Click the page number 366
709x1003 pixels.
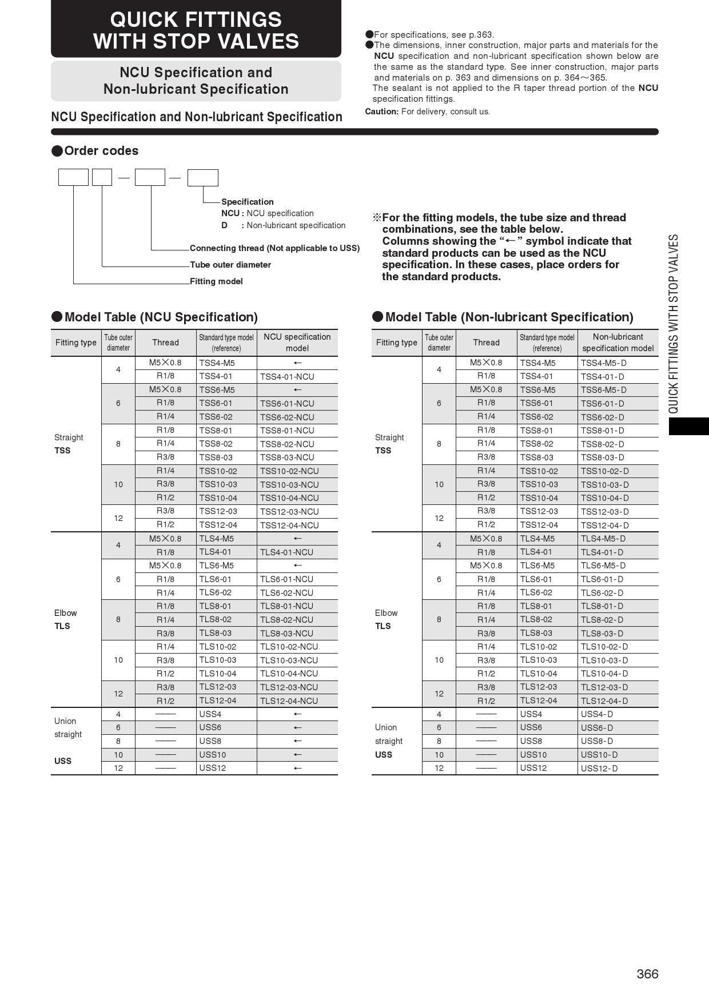pos(647,974)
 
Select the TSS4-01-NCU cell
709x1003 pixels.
pos(287,377)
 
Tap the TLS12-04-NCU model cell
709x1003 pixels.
pos(289,701)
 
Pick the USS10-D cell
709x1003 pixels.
pos(599,755)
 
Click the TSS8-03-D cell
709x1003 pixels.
pos(602,457)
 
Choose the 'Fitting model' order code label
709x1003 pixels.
pos(216,281)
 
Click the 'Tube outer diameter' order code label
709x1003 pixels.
pos(230,265)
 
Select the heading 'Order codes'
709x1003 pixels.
pos(101,151)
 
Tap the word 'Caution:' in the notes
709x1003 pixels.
pos(382,112)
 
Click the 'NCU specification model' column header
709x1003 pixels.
pos(297,343)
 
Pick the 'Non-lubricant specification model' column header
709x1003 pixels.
pos(618,343)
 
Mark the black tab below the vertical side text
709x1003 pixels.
pos(688,427)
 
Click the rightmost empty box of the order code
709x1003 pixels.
pos(203,178)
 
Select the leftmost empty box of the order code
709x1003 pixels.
pos(73,178)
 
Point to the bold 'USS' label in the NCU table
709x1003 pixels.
pos(63,761)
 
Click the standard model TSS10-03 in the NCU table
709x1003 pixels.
pos(218,484)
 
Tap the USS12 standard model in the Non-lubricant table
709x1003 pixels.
pos(533,768)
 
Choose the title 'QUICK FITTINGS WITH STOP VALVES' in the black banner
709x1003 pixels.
pos(196,30)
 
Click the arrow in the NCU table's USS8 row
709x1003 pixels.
pos(297,741)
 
